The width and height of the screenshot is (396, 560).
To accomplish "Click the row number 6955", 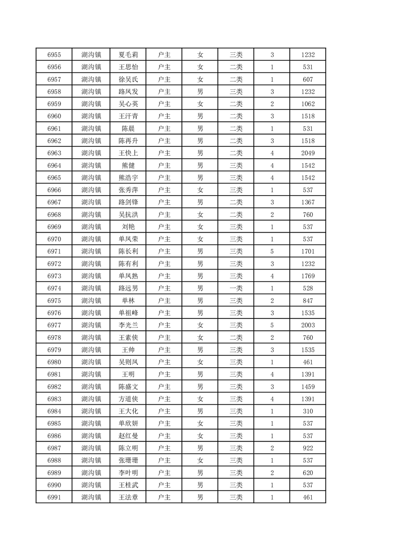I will click(54, 55).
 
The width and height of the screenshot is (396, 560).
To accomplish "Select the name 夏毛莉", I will click(128, 55).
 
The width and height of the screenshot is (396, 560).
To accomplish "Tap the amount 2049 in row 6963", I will click(308, 153).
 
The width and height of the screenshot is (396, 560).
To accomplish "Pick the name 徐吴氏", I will click(128, 79).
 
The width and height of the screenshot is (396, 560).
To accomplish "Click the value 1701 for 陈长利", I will click(308, 252).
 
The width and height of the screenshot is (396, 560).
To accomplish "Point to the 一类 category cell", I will click(236, 288).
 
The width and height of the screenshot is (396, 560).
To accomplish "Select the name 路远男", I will click(128, 288).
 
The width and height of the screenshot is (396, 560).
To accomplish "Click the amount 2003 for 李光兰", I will click(308, 325).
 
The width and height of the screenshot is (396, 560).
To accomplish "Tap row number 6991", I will click(54, 497).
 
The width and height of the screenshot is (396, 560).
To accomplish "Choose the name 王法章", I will click(128, 497).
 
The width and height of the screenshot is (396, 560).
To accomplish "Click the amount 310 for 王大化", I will click(308, 411).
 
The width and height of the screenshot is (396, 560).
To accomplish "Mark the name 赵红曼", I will click(128, 436).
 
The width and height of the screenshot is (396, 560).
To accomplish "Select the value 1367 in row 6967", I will click(308, 202).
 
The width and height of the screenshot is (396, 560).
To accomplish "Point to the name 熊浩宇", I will click(128, 178).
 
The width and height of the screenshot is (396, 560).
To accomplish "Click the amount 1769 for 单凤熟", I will click(308, 276).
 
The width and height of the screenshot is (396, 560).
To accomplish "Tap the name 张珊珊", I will click(128, 460).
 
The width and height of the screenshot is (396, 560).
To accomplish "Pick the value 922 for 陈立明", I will click(308, 448).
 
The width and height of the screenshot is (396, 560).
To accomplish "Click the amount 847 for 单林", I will click(308, 300).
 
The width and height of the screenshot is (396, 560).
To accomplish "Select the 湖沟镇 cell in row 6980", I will click(91, 362).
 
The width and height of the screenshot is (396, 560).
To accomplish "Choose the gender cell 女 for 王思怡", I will click(200, 67).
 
